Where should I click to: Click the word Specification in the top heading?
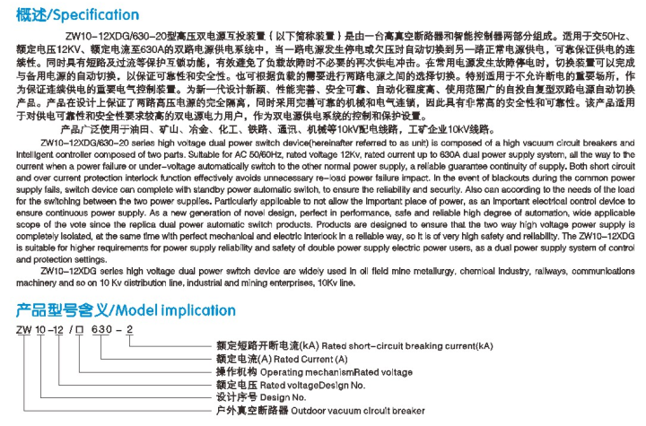pos(94,14)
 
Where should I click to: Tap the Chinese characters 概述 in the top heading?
pos(27,14)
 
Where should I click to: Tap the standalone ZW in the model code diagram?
pos(23,331)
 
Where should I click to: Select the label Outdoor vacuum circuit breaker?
pos(353,410)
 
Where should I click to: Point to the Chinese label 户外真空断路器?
pos(254,410)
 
